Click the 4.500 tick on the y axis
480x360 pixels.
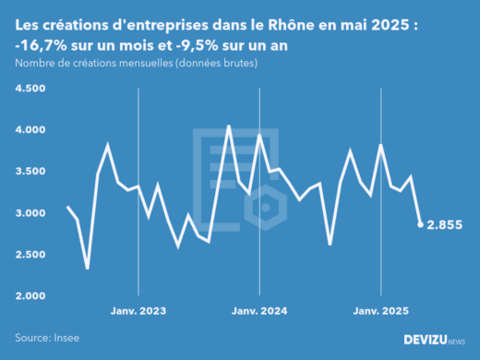30,89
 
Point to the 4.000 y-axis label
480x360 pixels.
30,130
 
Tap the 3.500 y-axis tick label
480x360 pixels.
30,172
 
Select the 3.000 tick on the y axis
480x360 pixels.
30,213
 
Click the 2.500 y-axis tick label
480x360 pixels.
30,255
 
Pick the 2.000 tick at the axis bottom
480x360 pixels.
30,296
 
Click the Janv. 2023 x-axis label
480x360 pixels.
138,311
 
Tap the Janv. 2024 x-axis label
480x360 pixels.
259,311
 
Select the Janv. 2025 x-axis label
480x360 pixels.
380,311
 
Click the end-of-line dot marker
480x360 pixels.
421,224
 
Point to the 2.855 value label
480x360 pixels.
445,224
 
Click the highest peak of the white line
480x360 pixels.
229,126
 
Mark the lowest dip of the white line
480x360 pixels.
88,268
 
